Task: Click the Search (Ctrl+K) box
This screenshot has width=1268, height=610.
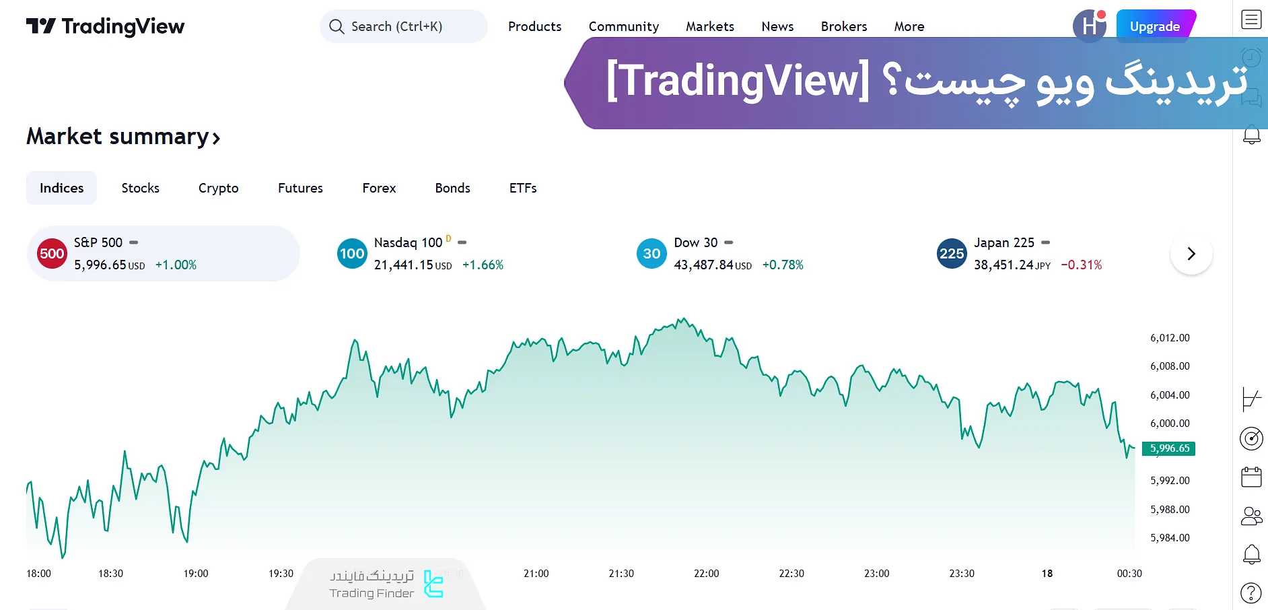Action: [403, 26]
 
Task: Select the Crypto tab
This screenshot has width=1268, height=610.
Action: [218, 188]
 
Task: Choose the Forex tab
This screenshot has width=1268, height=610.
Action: [379, 188]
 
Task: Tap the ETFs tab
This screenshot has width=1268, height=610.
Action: [522, 188]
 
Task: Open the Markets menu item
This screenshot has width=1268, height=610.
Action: [709, 26]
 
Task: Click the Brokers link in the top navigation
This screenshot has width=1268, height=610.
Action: [843, 26]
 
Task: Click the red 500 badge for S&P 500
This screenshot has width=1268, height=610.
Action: [52, 254]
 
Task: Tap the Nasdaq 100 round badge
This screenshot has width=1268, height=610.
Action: [352, 254]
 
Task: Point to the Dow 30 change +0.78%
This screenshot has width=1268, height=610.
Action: [783, 265]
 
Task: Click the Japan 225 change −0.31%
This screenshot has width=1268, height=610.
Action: [1081, 265]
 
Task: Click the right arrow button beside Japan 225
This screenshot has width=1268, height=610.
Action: [1191, 254]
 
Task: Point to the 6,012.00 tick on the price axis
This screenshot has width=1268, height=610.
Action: [1170, 338]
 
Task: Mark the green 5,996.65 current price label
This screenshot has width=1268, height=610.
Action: [1169, 448]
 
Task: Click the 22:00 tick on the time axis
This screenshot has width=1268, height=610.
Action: [706, 574]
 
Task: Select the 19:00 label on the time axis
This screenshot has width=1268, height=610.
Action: [196, 574]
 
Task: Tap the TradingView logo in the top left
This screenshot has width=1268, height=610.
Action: [105, 26]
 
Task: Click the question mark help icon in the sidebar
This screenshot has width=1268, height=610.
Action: [1251, 593]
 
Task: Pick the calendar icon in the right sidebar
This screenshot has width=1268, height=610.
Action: [1251, 477]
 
